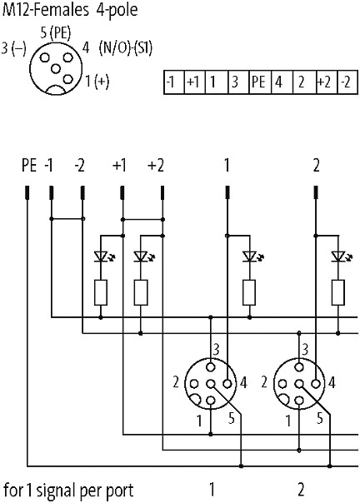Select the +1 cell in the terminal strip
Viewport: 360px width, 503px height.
(194, 82)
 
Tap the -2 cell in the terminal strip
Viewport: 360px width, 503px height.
(347, 82)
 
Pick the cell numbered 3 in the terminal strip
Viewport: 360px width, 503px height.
(238, 82)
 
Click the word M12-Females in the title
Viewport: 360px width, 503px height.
(45, 10)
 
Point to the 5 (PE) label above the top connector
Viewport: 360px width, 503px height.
(56, 33)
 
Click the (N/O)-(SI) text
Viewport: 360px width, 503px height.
(126, 49)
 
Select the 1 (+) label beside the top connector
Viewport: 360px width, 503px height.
(97, 81)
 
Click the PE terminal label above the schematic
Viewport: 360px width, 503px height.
(29, 166)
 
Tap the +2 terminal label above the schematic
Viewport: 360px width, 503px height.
(156, 166)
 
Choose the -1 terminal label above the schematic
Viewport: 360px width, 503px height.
(49, 166)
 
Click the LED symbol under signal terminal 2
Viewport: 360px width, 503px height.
(340, 256)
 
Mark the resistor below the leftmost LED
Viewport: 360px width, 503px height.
(101, 292)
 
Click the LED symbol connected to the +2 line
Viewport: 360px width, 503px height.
(142, 256)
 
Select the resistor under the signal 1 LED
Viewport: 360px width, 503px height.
(249, 292)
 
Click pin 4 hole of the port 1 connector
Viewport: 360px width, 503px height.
(227, 384)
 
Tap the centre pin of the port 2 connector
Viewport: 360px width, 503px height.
(299, 384)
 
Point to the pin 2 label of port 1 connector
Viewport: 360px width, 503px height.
(176, 382)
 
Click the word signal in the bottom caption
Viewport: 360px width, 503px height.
(56, 491)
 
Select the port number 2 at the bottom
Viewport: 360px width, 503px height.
(301, 490)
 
